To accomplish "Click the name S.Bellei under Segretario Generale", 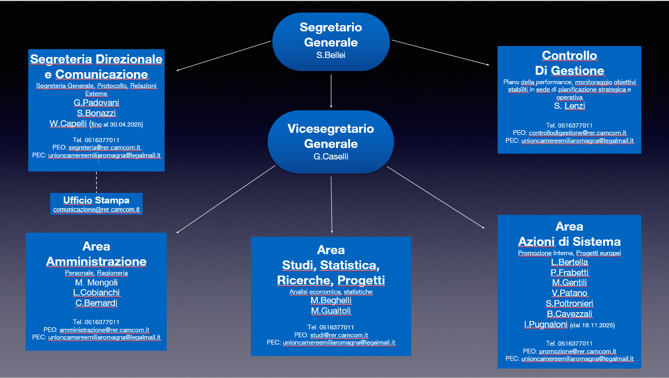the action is [331, 55].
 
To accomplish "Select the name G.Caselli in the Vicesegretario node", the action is [331, 156].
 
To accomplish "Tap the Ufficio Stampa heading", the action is [96, 200].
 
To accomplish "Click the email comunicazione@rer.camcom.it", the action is [97, 210].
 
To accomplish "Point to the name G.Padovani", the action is [96, 102].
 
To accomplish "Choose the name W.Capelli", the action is [68, 123].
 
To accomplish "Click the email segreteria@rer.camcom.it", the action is [104, 147].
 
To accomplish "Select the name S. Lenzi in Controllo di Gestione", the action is [570, 106].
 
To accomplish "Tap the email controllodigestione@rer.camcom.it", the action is [578, 133].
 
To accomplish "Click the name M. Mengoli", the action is [96, 282].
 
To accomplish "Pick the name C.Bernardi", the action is [96, 303].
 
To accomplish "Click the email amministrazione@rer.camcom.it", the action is [104, 329].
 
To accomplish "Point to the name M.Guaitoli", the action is [331, 311].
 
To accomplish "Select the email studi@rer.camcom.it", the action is [339, 335].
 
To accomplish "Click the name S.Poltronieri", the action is [569, 303].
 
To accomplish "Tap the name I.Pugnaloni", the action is [546, 324].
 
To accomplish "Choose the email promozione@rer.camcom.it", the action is [578, 351].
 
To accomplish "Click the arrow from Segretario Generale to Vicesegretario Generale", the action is [331, 91].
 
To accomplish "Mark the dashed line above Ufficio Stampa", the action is [96, 182].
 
